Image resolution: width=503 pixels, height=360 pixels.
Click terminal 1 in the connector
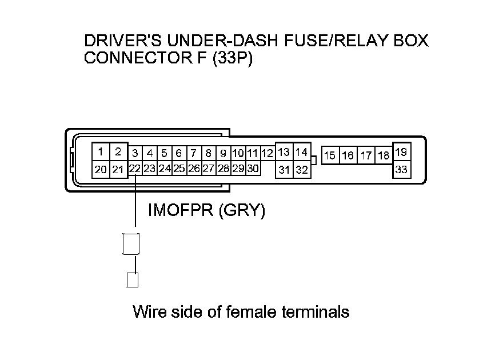pos(101,152)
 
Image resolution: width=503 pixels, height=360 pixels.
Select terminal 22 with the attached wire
pos(135,169)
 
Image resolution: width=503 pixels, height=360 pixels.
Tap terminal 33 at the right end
pos(401,169)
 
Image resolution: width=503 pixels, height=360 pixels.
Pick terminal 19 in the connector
pos(401,152)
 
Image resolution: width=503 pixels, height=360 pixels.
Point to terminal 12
pos(268,153)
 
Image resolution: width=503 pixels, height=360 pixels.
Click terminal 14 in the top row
pos(302,152)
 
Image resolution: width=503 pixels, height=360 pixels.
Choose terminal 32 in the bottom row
pos(302,169)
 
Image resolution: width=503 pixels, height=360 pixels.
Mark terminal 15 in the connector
pos(330,155)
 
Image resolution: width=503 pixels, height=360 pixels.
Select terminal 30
pos(253,169)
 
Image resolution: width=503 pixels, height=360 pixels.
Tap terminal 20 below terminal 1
pos(101,169)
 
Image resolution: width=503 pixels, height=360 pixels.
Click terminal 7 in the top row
pos(194,153)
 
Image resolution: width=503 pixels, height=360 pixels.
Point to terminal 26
pos(194,169)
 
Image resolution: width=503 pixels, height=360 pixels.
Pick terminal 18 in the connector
pos(384,155)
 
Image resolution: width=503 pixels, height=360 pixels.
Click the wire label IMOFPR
pos(181,211)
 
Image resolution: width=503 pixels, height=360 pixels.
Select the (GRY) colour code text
pos(242,211)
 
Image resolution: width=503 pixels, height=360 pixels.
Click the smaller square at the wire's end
pos(132,280)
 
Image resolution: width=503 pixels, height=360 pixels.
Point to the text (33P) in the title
pos(231,58)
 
